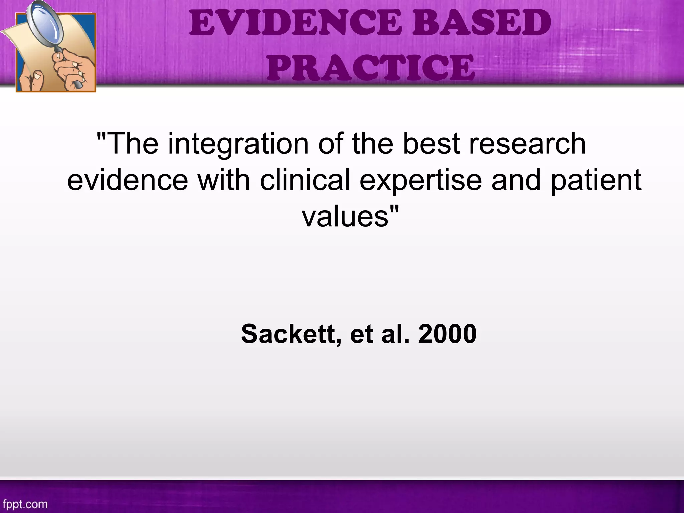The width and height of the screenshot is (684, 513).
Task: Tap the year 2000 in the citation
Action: click(447, 334)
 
